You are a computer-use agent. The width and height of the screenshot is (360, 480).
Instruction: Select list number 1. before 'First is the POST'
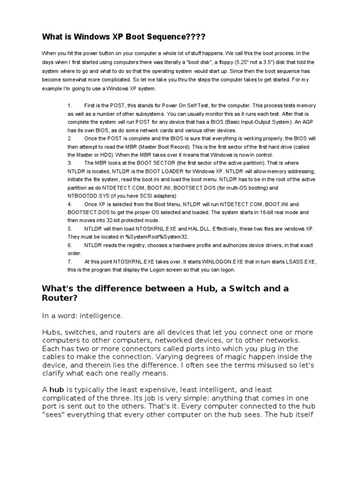(70, 106)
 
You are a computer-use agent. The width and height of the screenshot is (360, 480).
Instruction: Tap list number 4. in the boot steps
(70, 204)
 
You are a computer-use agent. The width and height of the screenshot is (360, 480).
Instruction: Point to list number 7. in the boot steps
(70, 262)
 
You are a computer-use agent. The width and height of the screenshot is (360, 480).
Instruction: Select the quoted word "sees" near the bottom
(56, 415)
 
